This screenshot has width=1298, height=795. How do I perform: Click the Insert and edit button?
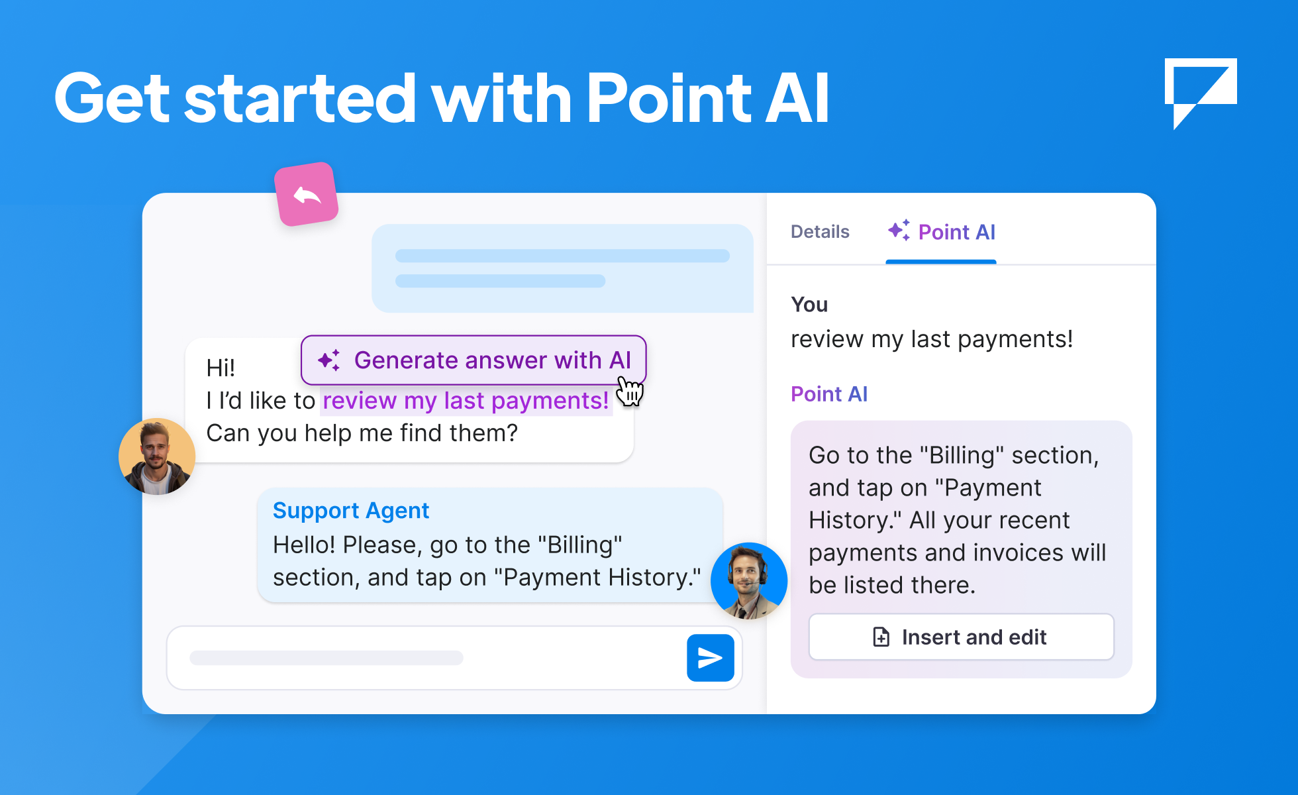(x=961, y=637)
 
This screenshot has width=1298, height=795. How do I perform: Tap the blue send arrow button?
(x=710, y=658)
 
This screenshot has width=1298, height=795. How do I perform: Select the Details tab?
(x=820, y=232)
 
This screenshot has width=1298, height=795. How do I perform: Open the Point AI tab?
(x=942, y=232)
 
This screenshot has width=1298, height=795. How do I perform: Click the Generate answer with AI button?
(x=474, y=360)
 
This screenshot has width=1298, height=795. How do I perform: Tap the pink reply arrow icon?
(x=307, y=195)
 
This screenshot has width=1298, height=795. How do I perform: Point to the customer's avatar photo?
(x=157, y=456)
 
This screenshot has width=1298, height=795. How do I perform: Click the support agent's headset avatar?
(x=749, y=581)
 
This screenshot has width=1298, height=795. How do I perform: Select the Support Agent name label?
(x=351, y=511)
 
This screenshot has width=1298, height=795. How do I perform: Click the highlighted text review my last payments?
(x=466, y=401)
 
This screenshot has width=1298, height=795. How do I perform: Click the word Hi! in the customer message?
(x=221, y=368)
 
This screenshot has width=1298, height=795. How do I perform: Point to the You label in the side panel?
(x=809, y=305)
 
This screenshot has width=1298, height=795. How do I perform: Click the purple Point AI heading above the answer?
(x=829, y=394)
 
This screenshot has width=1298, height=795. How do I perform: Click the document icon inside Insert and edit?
(x=881, y=637)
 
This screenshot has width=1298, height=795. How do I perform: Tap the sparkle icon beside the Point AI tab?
(x=899, y=231)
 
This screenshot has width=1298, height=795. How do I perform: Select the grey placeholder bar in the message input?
(x=326, y=658)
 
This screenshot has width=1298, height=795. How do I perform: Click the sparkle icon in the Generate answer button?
(x=329, y=360)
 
